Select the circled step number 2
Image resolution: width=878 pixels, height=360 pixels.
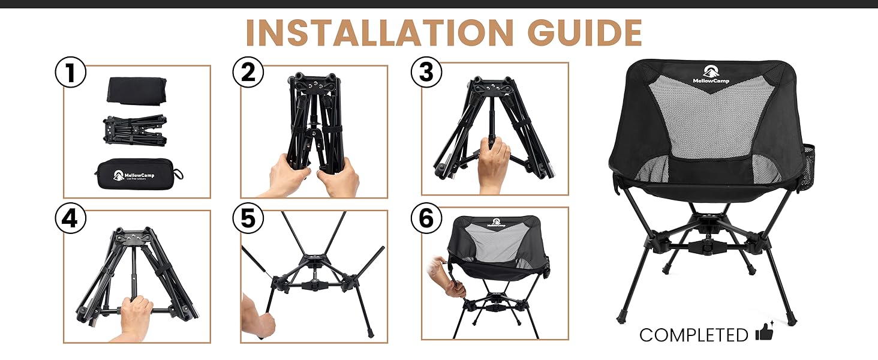coord(248,73)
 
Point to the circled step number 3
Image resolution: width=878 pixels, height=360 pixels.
coord(426,73)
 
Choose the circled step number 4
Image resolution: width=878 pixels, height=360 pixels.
coord(70,219)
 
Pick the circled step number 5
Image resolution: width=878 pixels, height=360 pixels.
coord(248,219)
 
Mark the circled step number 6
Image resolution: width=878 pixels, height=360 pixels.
coord(426,219)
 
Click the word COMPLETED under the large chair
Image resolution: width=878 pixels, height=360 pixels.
coord(693,335)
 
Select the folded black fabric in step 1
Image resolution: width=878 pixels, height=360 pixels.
coord(136,89)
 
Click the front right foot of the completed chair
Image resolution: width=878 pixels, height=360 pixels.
coord(790,316)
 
